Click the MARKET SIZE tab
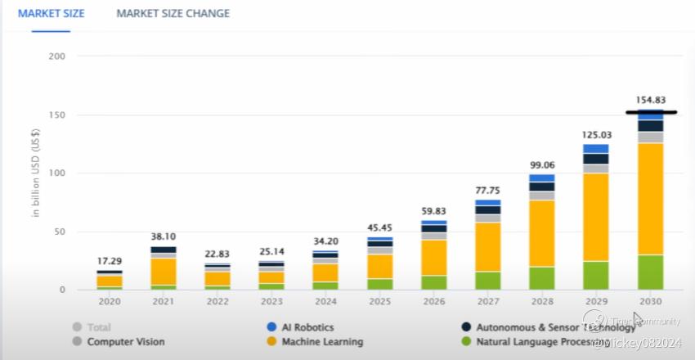coord(51,13)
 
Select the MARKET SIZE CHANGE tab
coord(173,13)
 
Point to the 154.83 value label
coord(650,100)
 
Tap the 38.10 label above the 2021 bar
coord(164,236)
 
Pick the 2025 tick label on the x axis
coord(379,301)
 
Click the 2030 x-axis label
coord(650,301)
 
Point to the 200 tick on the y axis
coord(57,56)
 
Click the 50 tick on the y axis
coord(60,232)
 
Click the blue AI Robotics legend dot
coord(272,327)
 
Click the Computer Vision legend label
coord(126,341)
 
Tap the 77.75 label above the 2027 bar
coord(488,190)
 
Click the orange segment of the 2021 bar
coord(164,271)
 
